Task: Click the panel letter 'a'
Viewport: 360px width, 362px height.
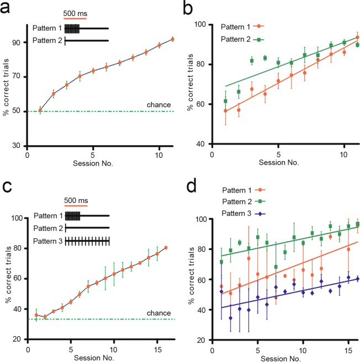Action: [x=8, y=8]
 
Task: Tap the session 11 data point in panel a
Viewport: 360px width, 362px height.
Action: [x=172, y=39]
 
